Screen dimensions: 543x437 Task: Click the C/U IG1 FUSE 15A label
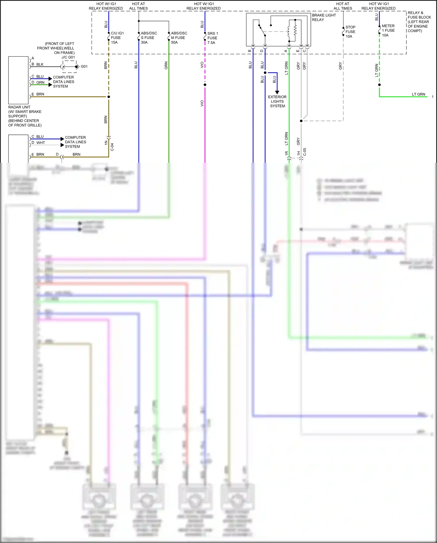point(117,38)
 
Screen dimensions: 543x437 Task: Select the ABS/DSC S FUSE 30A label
point(149,38)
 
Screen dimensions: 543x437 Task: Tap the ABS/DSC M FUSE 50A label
point(179,38)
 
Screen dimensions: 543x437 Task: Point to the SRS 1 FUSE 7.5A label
point(212,38)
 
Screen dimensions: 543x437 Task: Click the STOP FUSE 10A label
point(350,32)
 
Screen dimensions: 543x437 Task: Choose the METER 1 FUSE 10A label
point(388,30)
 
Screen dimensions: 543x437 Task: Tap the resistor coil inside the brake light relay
point(295,29)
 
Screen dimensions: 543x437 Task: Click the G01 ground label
point(84,67)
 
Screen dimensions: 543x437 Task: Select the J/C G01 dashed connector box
point(70,67)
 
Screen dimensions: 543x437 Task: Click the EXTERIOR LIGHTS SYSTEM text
point(277,101)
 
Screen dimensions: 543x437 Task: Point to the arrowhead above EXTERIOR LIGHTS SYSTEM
point(277,92)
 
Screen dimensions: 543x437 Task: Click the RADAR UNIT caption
point(19,107)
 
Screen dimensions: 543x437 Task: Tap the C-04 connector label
point(112,147)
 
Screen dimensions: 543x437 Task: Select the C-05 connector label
point(305,152)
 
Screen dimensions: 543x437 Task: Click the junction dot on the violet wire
point(205,85)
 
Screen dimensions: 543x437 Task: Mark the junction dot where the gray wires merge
point(301,121)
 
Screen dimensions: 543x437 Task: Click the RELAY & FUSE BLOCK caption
point(419,22)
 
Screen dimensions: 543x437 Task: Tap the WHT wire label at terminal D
point(40,143)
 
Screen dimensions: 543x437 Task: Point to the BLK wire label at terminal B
point(40,64)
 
